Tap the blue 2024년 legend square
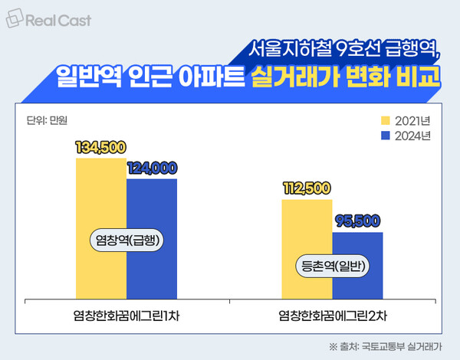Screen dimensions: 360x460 387,136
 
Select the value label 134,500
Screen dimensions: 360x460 100,148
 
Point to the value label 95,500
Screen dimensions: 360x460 357,221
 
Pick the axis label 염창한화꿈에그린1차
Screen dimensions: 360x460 127,315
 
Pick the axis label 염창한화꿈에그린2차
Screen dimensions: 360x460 332,315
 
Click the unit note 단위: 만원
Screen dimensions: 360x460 42,119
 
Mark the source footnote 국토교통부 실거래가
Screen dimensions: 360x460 397,345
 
